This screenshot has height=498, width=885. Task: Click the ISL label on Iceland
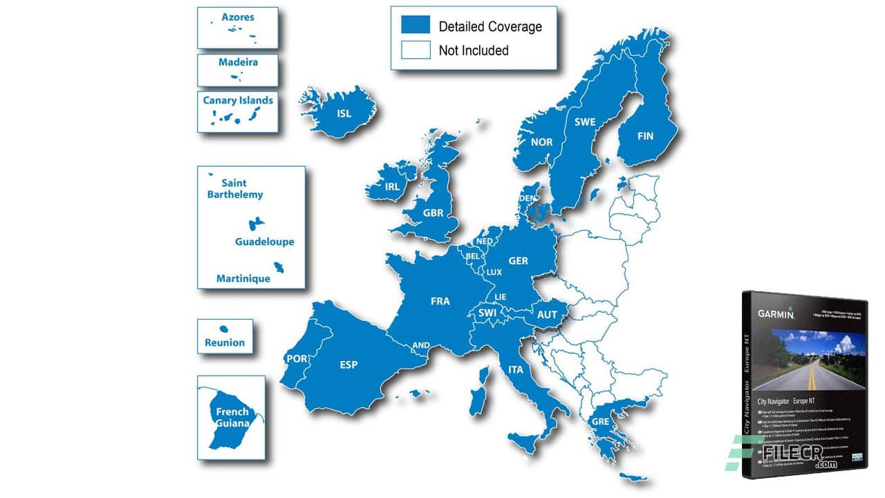(x=344, y=113)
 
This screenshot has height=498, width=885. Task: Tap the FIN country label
(x=644, y=136)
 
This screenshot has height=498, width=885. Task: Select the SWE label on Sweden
(x=584, y=122)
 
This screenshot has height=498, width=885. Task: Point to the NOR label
(x=541, y=142)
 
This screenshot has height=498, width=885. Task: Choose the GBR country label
(x=433, y=213)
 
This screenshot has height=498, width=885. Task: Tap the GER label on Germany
(x=518, y=261)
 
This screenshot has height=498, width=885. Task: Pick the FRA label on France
(x=440, y=301)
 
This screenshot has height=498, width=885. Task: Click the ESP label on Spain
(x=348, y=365)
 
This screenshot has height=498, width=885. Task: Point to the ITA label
(x=516, y=370)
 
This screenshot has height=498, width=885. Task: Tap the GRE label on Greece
(x=599, y=421)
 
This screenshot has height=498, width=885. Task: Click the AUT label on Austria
(x=547, y=315)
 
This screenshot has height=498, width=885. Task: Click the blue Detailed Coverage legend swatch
(x=415, y=26)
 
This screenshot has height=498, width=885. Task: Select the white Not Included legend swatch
(x=415, y=50)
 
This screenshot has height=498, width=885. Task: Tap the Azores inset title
(x=237, y=17)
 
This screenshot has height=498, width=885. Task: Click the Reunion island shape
(x=224, y=329)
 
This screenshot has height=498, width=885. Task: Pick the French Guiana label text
(x=232, y=417)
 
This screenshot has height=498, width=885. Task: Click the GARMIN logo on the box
(x=776, y=313)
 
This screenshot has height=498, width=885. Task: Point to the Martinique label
(x=243, y=279)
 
